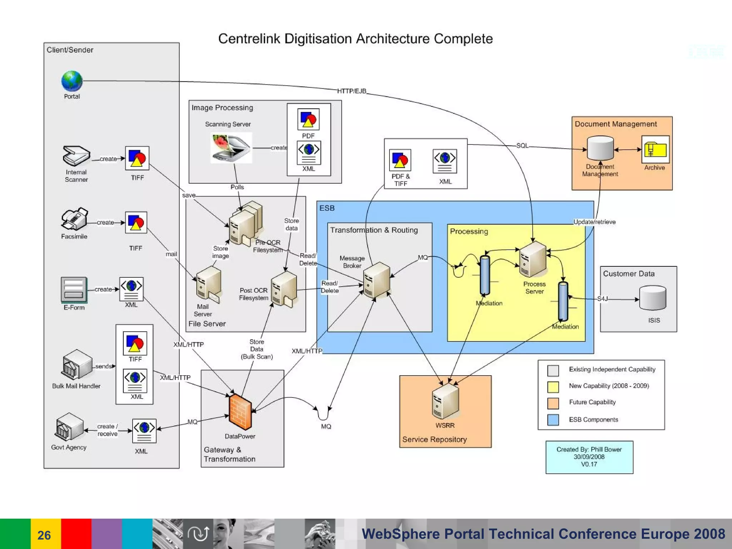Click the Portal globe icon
[x=72, y=81]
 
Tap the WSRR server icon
[x=445, y=401]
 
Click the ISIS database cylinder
[x=653, y=298]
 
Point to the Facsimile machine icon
[x=74, y=219]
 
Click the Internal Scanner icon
[x=76, y=156]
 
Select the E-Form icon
[x=74, y=290]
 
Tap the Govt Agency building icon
[x=69, y=427]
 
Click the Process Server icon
[x=533, y=259]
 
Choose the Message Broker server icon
[x=376, y=280]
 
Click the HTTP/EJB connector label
[x=352, y=91]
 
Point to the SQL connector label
[x=522, y=145]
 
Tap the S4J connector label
[x=602, y=299]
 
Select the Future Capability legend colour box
[x=553, y=403]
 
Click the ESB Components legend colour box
[x=553, y=420]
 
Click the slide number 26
[x=44, y=535]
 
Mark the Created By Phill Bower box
[x=589, y=457]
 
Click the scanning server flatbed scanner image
[x=231, y=148]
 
